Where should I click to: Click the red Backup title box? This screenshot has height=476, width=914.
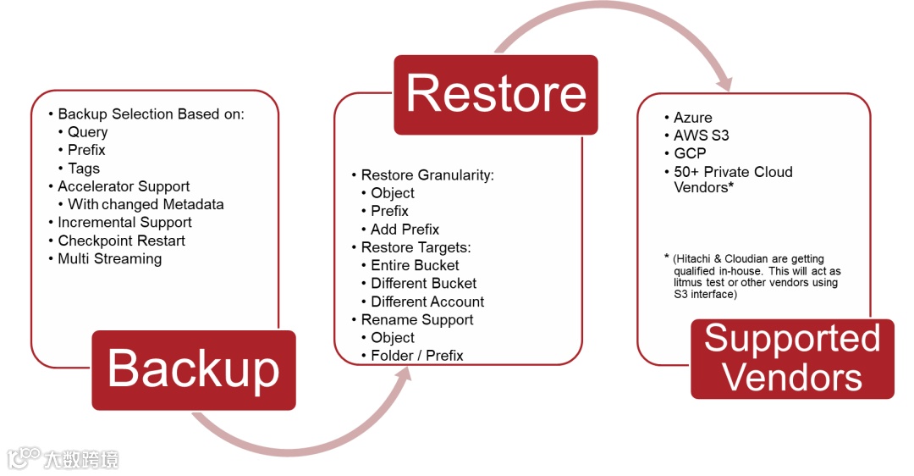(193, 369)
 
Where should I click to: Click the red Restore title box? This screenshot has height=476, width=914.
(496, 94)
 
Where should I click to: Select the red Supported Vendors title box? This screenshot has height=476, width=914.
(792, 358)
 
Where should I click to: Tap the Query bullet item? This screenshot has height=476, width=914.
(88, 132)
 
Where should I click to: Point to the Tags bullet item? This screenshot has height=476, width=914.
(84, 169)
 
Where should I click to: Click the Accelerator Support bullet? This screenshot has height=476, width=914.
(124, 186)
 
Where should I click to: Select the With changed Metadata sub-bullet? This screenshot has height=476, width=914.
(146, 204)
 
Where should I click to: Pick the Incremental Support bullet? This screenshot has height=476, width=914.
(124, 223)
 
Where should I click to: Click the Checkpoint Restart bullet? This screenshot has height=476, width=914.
(121, 241)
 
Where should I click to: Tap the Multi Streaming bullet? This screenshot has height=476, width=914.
(109, 259)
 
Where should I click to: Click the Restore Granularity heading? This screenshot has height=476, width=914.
(427, 175)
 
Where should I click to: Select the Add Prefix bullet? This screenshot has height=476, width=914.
(405, 230)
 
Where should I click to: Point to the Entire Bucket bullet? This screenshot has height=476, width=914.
(415, 265)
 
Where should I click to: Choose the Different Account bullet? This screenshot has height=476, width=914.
(427, 302)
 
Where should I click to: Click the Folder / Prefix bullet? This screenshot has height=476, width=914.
(416, 356)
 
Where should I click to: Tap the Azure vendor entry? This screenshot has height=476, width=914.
(693, 118)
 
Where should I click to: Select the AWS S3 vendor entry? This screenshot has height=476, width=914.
(701, 136)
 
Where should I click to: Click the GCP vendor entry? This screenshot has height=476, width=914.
(690, 153)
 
